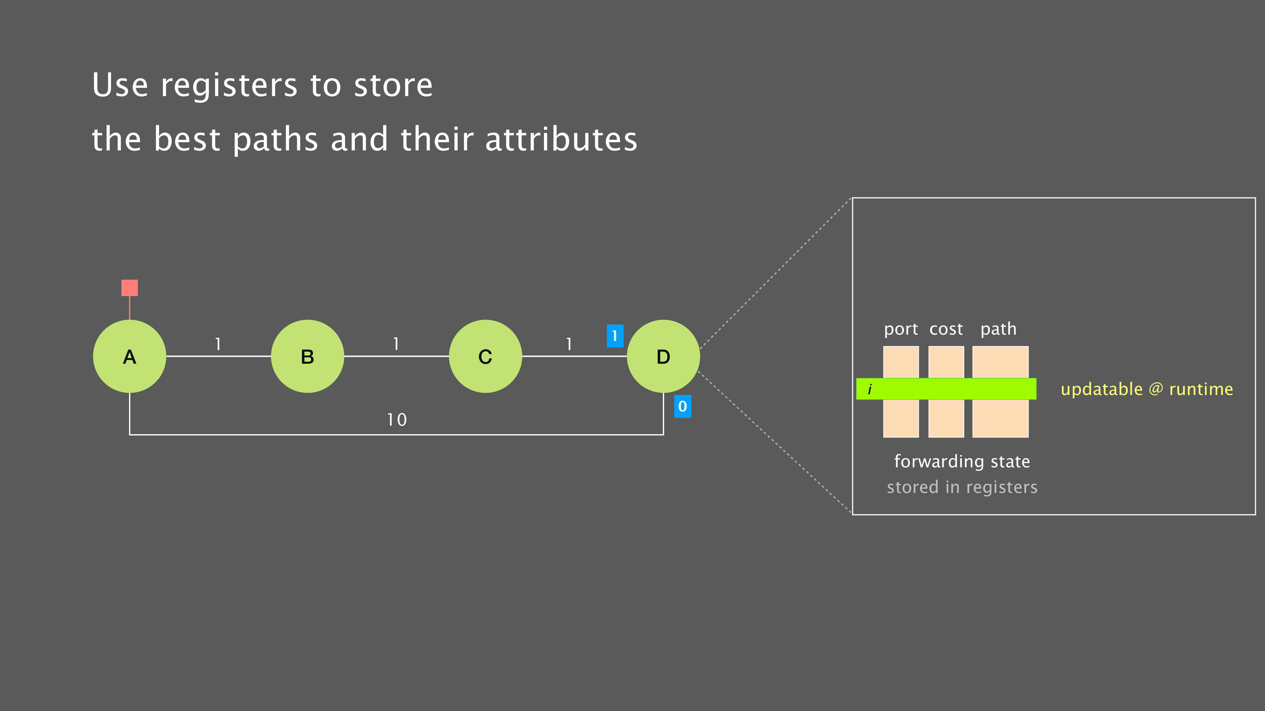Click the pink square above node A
(x=130, y=288)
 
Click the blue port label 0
(x=682, y=406)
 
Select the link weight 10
(x=397, y=420)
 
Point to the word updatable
(x=1101, y=389)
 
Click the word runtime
(x=1201, y=389)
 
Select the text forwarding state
(x=962, y=462)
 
